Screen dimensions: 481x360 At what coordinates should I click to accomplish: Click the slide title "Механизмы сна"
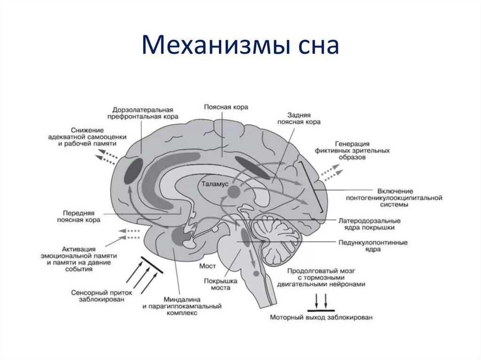coord(240,46)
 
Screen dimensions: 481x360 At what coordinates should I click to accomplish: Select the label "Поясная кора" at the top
coord(226,107)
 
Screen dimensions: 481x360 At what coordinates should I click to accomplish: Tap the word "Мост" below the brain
coord(208,266)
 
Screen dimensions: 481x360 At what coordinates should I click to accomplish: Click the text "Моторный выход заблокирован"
coord(321,318)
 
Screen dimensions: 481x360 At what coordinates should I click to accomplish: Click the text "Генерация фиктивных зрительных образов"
coord(358,151)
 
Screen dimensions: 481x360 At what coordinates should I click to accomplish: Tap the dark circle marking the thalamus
coord(233,191)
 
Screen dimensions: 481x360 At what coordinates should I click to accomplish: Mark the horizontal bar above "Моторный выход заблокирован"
coord(321,310)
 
